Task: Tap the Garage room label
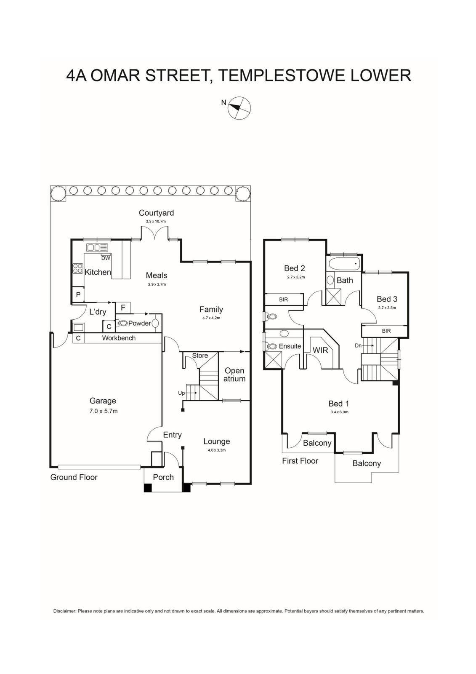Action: click(103, 401)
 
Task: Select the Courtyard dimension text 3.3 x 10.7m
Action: click(153, 221)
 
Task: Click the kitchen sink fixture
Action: click(97, 247)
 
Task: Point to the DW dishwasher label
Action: click(105, 258)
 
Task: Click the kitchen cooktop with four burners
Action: click(78, 268)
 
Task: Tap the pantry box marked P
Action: click(78, 295)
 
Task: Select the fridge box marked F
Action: click(123, 308)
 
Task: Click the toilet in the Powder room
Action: click(122, 323)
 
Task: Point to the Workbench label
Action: click(119, 338)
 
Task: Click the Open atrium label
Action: click(234, 374)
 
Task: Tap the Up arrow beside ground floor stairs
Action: click(181, 393)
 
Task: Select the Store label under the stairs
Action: click(200, 356)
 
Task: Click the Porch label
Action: click(163, 477)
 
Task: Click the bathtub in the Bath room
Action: click(345, 265)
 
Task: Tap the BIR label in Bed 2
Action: click(284, 300)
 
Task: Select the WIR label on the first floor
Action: click(320, 350)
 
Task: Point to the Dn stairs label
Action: click(358, 345)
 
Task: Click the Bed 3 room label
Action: click(387, 299)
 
